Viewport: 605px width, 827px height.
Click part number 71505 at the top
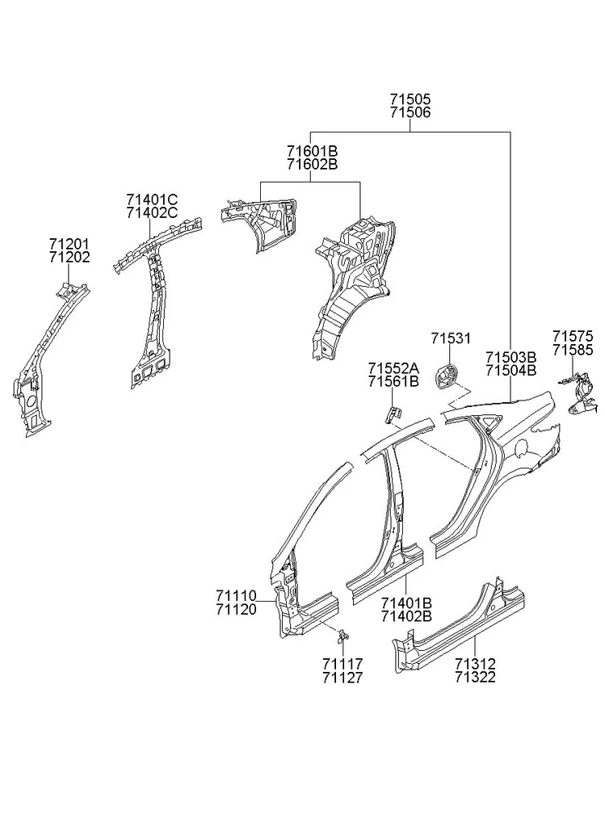(410, 99)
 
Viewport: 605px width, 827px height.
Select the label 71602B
(313, 165)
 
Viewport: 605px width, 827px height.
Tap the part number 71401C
(152, 199)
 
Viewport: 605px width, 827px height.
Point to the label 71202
(69, 258)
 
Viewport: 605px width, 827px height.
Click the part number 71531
(451, 338)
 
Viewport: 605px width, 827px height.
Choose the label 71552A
(393, 367)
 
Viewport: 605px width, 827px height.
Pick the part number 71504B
(510, 370)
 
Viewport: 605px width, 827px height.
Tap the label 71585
(573, 349)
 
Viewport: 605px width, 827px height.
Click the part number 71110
(236, 595)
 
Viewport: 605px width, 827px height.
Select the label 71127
(342, 678)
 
